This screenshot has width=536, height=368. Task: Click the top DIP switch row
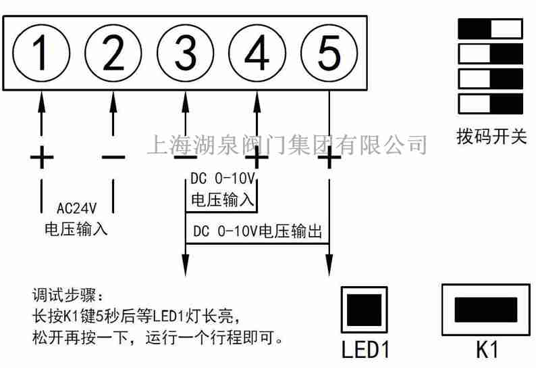pos(490,29)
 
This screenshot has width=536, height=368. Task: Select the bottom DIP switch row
pos(490,103)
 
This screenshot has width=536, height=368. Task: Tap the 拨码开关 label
pos(491,137)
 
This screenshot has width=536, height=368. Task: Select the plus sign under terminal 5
pos(329,160)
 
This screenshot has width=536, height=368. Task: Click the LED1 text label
pos(366,350)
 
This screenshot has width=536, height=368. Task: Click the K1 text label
pos(487,350)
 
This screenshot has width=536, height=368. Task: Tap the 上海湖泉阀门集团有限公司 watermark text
pos(287,143)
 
